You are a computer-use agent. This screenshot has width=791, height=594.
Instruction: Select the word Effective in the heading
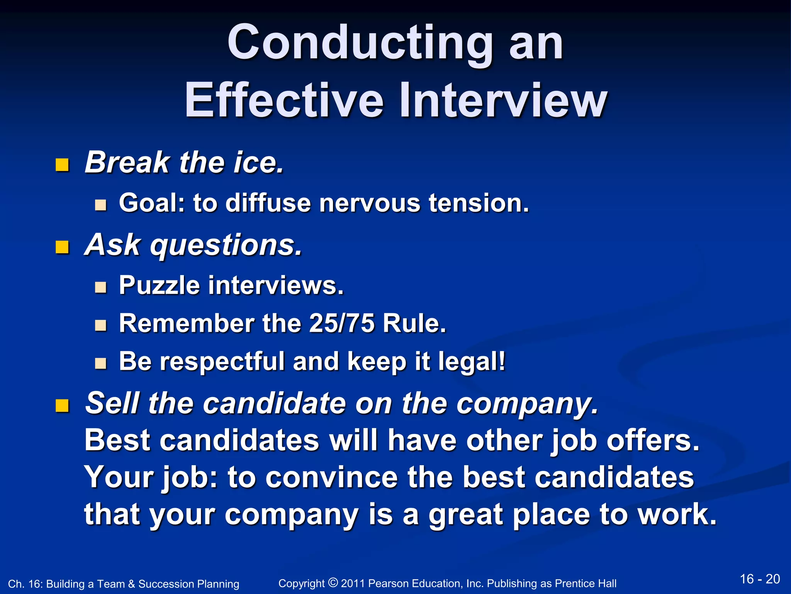click(x=284, y=101)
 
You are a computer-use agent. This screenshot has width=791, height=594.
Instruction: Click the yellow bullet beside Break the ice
click(x=62, y=165)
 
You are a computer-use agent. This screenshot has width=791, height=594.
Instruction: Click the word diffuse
click(x=268, y=203)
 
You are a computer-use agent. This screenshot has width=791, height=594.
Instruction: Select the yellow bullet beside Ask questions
click(x=62, y=247)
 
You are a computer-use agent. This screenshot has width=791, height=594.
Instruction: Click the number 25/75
click(x=341, y=323)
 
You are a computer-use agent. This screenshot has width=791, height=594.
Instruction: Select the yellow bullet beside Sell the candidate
click(x=62, y=406)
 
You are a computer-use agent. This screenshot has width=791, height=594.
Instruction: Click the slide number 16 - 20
click(x=760, y=579)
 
